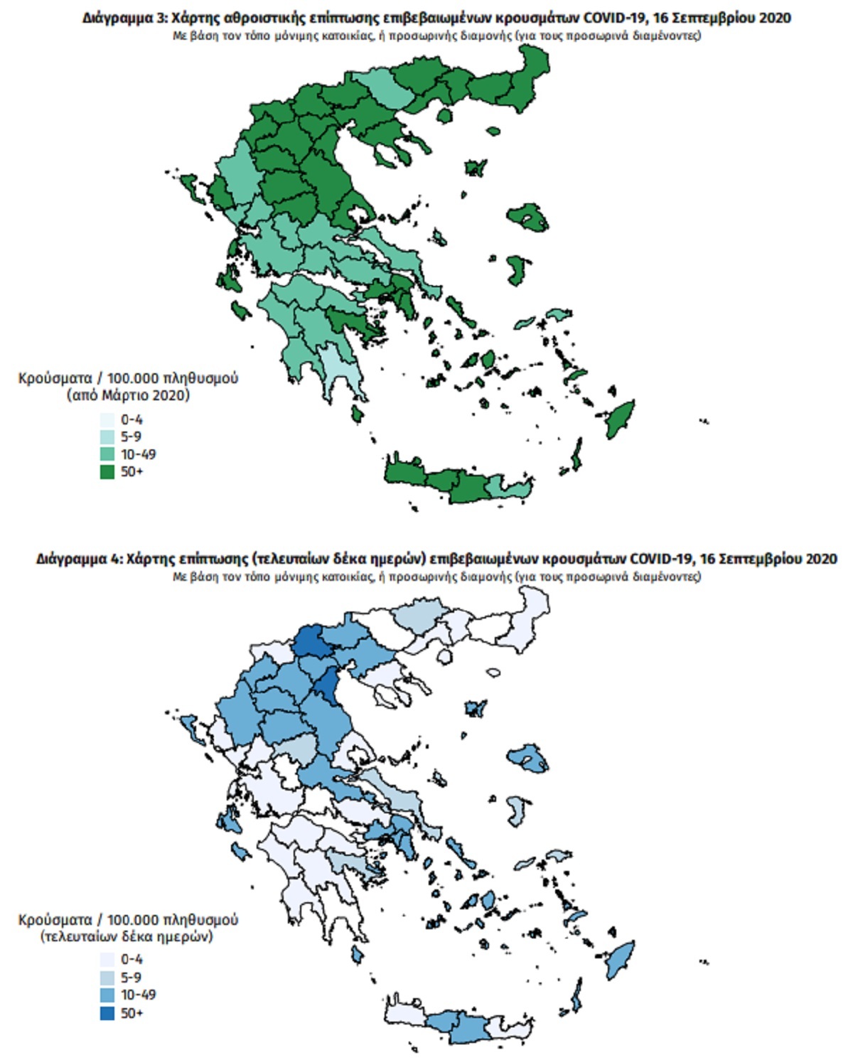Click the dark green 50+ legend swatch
[x=107, y=471]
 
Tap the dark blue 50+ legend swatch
[x=107, y=1013]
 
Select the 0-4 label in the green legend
[x=132, y=419]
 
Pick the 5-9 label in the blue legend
[x=131, y=978]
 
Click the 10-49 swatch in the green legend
[x=107, y=454]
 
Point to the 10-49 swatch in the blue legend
[x=107, y=995]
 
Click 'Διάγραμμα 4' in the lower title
[x=78, y=559]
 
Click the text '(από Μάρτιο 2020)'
[x=128, y=395]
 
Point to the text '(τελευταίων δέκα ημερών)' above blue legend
[x=127, y=936]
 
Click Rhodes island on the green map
[x=621, y=419]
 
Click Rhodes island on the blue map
[x=621, y=959]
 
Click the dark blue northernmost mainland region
[x=309, y=641]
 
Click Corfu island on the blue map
[x=188, y=727]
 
